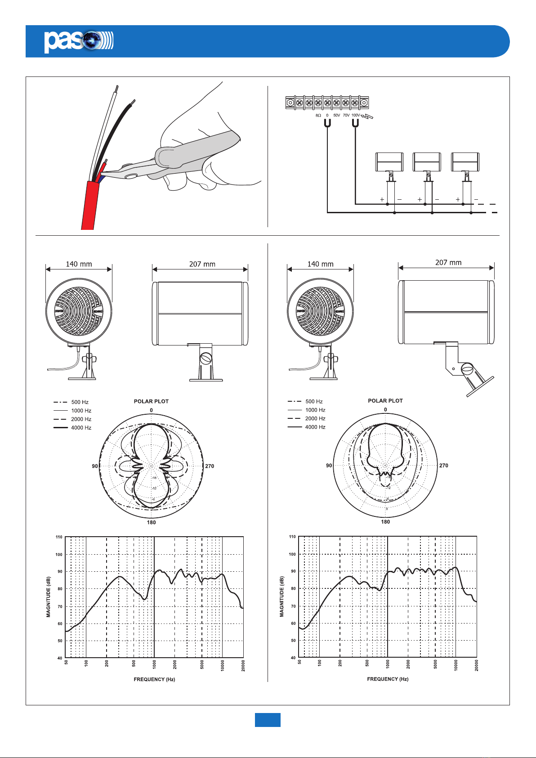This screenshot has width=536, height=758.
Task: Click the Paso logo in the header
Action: [x=78, y=41]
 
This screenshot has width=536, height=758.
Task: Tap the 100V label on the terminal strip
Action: [x=355, y=116]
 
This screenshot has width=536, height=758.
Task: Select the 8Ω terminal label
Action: [x=318, y=116]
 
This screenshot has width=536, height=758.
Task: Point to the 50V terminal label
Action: [x=336, y=116]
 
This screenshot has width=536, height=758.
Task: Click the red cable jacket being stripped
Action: [x=90, y=207]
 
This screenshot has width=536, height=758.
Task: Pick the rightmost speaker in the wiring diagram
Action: [x=465, y=162]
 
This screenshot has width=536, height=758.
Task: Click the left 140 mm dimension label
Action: [x=79, y=264]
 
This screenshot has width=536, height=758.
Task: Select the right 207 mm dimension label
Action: [x=448, y=263]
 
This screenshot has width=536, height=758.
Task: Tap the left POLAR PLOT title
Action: [x=151, y=401]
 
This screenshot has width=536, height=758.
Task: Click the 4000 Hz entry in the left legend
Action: [x=81, y=428]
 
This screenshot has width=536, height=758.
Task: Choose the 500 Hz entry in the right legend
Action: [x=314, y=401]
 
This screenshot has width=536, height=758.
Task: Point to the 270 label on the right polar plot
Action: [x=443, y=466]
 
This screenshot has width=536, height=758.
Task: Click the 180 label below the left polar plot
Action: [x=151, y=522]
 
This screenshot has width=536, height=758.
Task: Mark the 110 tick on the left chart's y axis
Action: [x=59, y=537]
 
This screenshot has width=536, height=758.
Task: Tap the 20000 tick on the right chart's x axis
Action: [x=476, y=665]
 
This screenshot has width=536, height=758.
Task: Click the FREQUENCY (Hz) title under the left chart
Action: [x=154, y=679]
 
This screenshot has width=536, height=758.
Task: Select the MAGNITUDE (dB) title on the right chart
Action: [x=282, y=597]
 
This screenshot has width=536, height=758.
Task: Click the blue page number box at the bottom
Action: [x=268, y=720]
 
